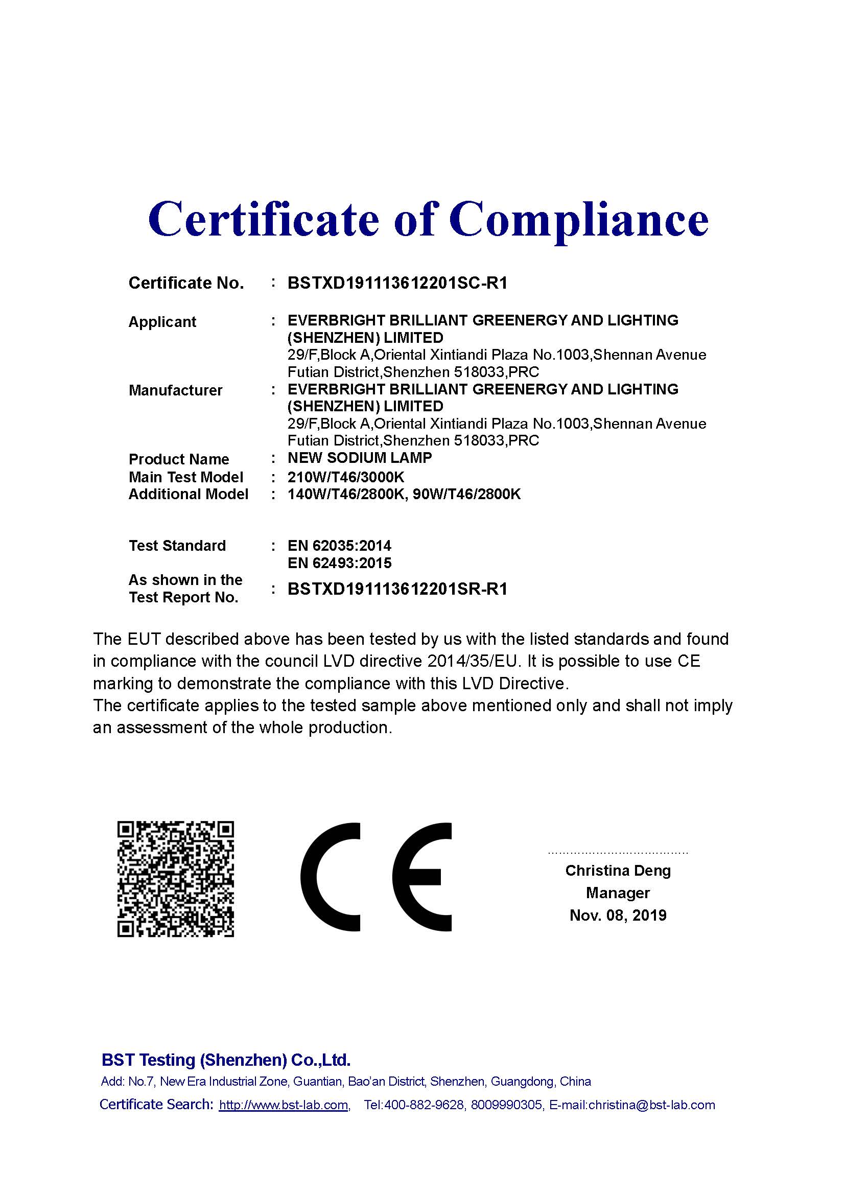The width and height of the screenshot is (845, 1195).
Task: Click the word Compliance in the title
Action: click(x=579, y=219)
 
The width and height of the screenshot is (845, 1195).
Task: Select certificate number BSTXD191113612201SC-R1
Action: click(x=397, y=283)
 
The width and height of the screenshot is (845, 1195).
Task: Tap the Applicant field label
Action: click(x=162, y=322)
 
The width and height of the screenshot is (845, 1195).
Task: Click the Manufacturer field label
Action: click(x=175, y=390)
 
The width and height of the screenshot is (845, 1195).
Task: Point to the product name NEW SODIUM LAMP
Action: click(x=360, y=458)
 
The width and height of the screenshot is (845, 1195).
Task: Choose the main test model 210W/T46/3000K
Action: click(x=345, y=477)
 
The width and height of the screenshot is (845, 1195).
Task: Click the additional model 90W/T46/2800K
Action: click(x=466, y=494)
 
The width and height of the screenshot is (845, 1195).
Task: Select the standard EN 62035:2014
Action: click(x=339, y=546)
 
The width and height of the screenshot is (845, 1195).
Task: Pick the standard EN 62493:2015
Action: click(x=339, y=563)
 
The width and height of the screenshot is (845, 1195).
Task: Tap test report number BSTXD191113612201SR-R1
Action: click(x=397, y=589)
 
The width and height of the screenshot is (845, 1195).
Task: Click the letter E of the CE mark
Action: click(x=421, y=877)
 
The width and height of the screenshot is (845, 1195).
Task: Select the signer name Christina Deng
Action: click(x=618, y=870)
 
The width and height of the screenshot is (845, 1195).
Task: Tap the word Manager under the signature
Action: click(x=618, y=893)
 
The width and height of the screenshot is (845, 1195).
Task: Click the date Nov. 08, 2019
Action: click(x=618, y=915)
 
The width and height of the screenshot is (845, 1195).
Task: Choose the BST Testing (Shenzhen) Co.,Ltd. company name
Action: click(x=226, y=1060)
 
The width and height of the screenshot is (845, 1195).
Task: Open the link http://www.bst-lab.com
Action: click(x=284, y=1105)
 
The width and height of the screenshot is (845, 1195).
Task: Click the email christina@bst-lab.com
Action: click(x=651, y=1105)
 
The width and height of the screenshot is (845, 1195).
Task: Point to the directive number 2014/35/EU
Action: click(x=473, y=662)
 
